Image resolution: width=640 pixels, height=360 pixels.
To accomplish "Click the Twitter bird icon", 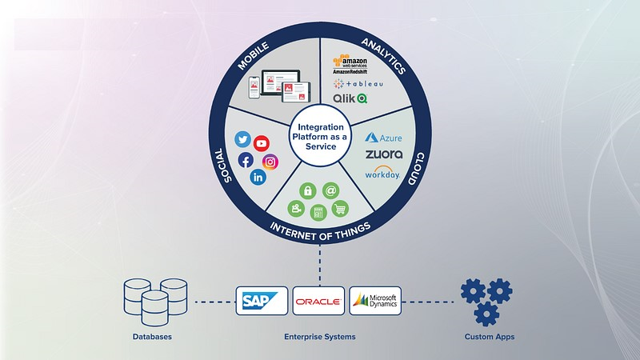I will coord(242,139).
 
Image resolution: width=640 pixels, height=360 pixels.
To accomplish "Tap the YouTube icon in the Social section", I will coord(262,143).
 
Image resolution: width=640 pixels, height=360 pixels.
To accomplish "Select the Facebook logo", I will coord(246,160).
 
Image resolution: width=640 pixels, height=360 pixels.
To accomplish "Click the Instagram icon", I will coord(270,162).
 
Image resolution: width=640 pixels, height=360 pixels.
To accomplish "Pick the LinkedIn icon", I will coord(258,178).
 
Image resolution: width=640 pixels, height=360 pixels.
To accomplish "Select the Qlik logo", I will coord(350,99).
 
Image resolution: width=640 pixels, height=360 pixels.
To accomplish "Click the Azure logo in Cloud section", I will coord(383,138).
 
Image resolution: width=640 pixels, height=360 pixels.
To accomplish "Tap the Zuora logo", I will coord(383,154).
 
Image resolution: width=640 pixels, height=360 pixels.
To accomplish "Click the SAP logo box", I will coord(262,301).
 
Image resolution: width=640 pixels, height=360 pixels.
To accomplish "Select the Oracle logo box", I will coord(318,301).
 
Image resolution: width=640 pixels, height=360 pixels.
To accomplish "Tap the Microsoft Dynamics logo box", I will coord(375,301).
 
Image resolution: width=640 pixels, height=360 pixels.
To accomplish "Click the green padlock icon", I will coord(306,190).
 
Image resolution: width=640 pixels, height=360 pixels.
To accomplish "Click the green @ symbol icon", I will coord(330,190).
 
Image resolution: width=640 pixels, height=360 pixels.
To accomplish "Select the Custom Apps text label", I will coord(490,338).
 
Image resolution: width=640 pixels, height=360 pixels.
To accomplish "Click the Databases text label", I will coord(152,338).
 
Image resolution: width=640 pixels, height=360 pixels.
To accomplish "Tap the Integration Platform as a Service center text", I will coord(320,138).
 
